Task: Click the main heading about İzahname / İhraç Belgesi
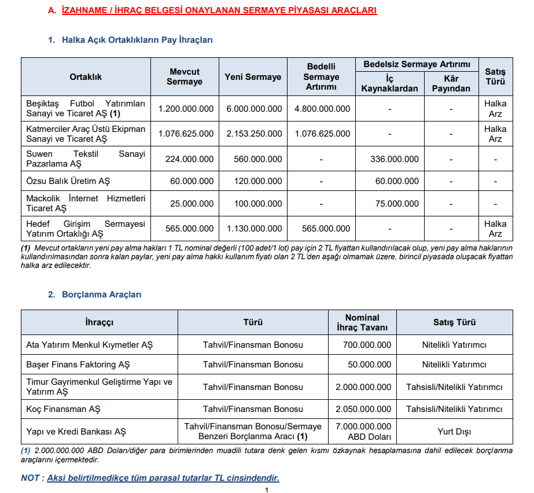pyautogui.click(x=219, y=10)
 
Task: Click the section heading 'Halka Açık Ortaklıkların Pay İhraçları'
pyautogui.click(x=138, y=40)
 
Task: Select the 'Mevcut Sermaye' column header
pyautogui.click(x=185, y=76)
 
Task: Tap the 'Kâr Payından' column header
pyautogui.click(x=451, y=83)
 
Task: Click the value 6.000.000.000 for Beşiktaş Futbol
pyautogui.click(x=254, y=109)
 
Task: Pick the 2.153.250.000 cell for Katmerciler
pyautogui.click(x=254, y=134)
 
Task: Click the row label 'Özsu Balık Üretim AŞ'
pyautogui.click(x=68, y=181)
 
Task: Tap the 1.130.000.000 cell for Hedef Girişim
pyautogui.click(x=254, y=229)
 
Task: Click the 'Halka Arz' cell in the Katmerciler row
pyautogui.click(x=495, y=134)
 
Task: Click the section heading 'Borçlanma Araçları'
pyautogui.click(x=102, y=295)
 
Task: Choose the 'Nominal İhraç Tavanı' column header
pyautogui.click(x=362, y=322)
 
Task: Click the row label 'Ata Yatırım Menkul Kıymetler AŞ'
pyautogui.click(x=90, y=345)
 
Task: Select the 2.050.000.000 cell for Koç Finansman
pyautogui.click(x=362, y=409)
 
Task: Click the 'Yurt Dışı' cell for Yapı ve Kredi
pyautogui.click(x=454, y=432)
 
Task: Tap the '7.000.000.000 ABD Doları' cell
pyautogui.click(x=362, y=432)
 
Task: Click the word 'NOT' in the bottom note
pyautogui.click(x=30, y=478)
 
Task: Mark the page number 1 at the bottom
pyautogui.click(x=267, y=490)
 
